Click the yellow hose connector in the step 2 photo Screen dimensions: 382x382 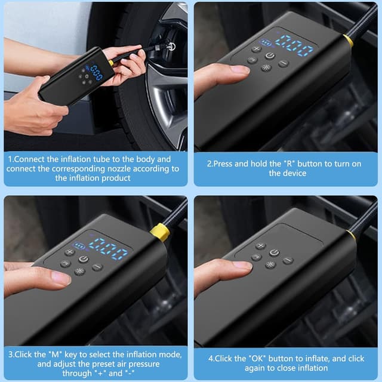tap(347, 41)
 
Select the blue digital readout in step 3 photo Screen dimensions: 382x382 tap(107, 247)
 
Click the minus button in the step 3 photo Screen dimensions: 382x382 tap(97, 267)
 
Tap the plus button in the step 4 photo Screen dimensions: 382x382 tap(260, 245)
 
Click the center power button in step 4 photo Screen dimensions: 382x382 tap(274, 252)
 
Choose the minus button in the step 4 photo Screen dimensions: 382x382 tap(288, 260)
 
